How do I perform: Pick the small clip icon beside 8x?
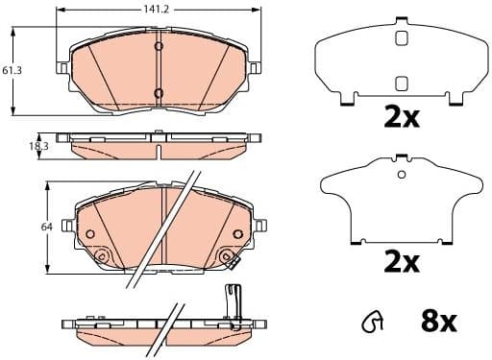coord(370,324)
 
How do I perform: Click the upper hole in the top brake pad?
coord(160,46)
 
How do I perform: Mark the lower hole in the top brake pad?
coord(160,93)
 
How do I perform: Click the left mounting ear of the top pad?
coord(64,69)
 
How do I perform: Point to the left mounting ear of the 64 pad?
coord(67,227)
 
